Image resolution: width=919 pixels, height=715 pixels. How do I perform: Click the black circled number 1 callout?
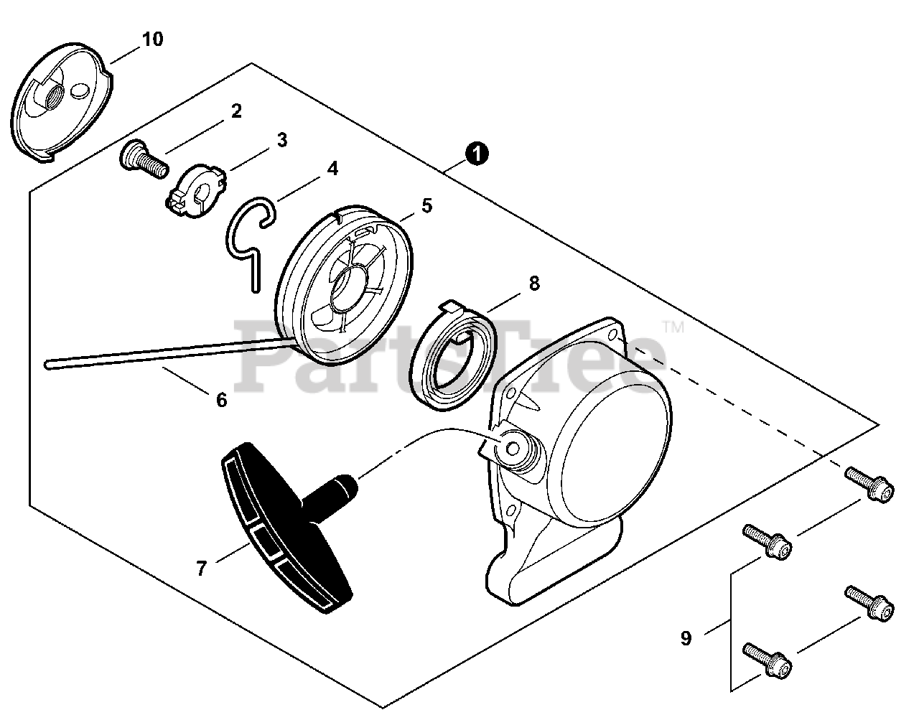coord(477,153)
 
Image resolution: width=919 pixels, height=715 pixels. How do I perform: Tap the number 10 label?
coord(151,39)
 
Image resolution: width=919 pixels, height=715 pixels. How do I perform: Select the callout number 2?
coord(235,111)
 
